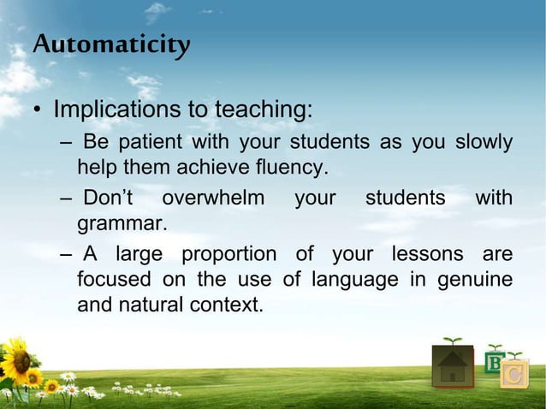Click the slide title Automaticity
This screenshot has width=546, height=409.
click(111, 44)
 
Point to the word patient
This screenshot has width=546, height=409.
click(151, 141)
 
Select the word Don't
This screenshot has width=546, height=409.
click(108, 199)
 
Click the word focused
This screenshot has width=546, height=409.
click(109, 279)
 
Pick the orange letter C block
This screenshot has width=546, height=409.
click(514, 374)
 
